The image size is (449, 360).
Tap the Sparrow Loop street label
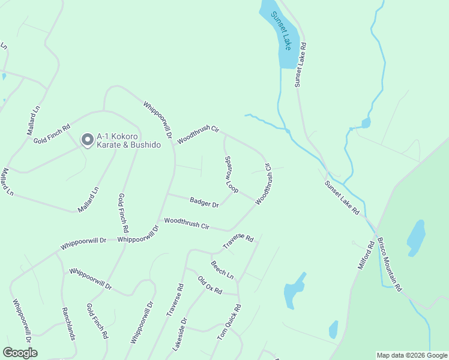(232, 175)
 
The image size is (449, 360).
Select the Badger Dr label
(204, 203)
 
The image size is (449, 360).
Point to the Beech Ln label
(222, 269)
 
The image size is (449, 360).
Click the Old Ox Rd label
(210, 285)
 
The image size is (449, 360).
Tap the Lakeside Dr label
(179, 334)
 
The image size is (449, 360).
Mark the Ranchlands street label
(68, 324)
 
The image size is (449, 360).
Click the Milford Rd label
(366, 254)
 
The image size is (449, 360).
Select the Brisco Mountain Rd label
(388, 265)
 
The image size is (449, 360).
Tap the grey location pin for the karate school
(87, 140)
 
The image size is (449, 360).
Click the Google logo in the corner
(20, 353)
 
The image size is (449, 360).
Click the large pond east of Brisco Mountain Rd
(416, 238)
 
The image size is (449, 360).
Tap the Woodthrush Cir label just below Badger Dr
(187, 224)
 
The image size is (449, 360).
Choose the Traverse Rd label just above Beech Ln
(238, 242)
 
